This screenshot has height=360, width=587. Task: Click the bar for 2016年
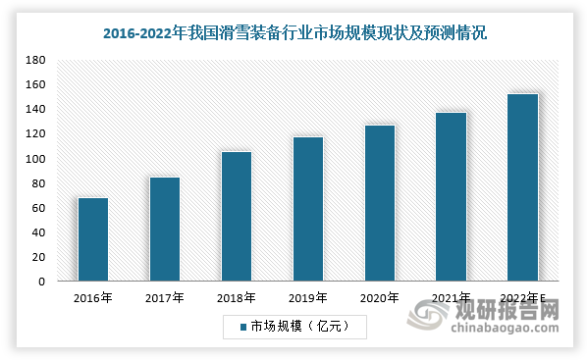point(93,239)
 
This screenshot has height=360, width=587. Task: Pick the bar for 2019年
point(307,209)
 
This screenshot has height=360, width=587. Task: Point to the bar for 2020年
point(379,203)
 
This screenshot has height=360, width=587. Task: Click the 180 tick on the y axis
point(36,60)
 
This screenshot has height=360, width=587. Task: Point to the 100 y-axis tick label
point(36,159)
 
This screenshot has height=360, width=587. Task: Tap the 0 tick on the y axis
point(41,282)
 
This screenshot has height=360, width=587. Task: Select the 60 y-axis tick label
point(38,208)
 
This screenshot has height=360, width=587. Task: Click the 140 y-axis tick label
point(36,109)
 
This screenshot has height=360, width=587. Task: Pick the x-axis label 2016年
point(93,297)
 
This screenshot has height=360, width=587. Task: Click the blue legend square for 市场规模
point(241,324)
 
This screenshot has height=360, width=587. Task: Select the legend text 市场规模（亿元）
point(294,324)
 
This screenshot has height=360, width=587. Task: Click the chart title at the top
point(294,31)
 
